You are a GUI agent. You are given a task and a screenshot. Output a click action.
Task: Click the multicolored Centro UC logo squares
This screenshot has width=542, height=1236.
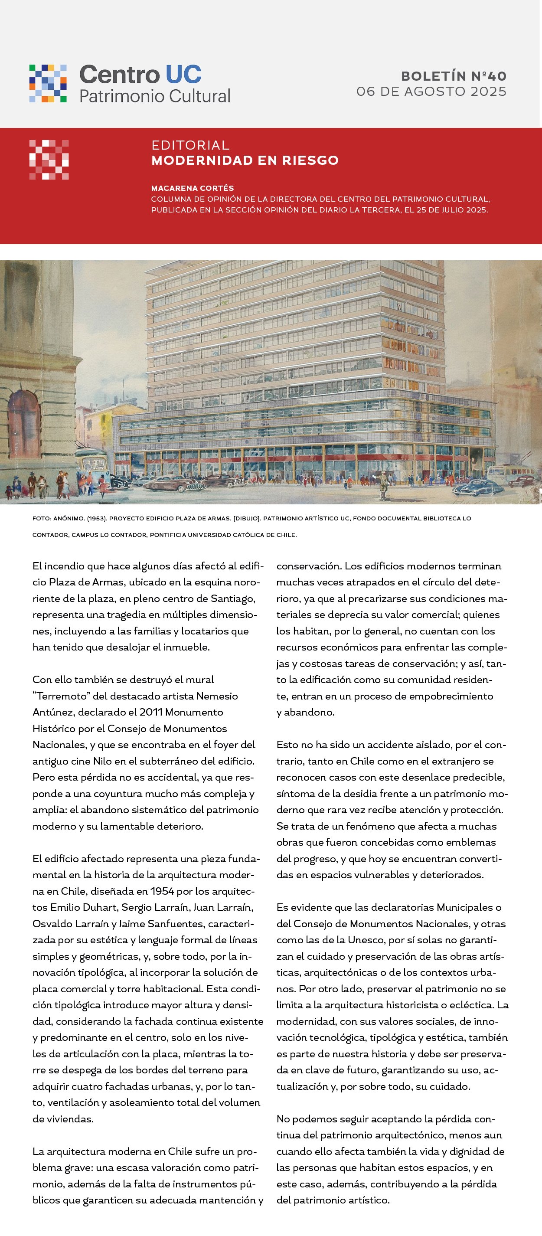pos(48,84)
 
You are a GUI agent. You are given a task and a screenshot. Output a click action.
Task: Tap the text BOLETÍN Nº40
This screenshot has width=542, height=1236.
pos(454,76)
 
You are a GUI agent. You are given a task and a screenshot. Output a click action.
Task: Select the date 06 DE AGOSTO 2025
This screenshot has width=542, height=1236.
pos(431,92)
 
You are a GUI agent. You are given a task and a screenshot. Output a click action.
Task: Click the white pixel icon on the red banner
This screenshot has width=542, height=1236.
pos(49,160)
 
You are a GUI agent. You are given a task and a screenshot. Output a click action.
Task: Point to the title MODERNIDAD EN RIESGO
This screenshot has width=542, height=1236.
pos(245,160)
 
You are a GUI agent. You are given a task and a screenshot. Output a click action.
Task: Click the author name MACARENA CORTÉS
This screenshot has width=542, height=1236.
pos(193,188)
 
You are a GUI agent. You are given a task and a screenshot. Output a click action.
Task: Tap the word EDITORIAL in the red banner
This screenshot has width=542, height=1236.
pos(190,145)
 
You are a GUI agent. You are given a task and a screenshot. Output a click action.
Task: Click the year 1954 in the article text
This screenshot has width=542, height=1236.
pos(162,891)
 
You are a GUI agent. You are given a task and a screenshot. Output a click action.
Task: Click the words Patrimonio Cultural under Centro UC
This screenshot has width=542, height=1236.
pos(154,96)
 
